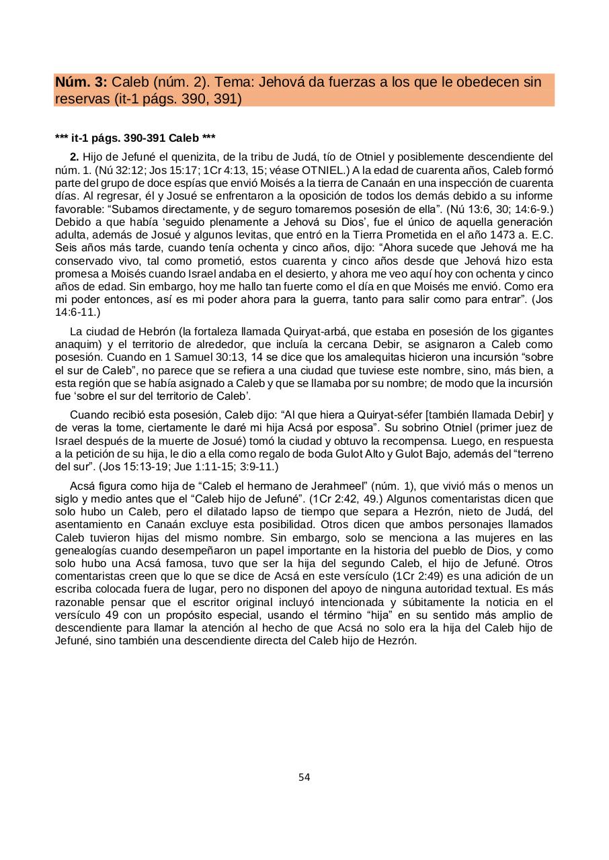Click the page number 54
click(304, 777)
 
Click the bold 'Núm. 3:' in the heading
click(81, 83)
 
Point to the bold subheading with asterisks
click(135, 138)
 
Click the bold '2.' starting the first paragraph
click(75, 157)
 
